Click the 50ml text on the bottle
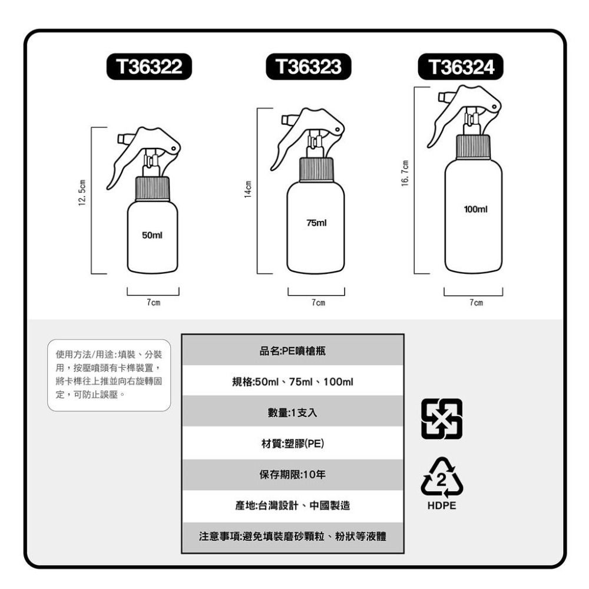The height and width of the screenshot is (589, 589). [x=152, y=236]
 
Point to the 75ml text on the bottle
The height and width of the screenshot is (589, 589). [x=316, y=223]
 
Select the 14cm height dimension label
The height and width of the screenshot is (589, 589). [x=249, y=189]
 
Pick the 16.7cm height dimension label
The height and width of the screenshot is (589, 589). [x=405, y=174]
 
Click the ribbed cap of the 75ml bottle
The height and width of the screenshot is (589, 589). [x=316, y=170]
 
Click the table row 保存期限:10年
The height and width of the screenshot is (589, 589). [x=293, y=475]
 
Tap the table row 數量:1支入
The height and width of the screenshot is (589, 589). [x=293, y=413]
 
